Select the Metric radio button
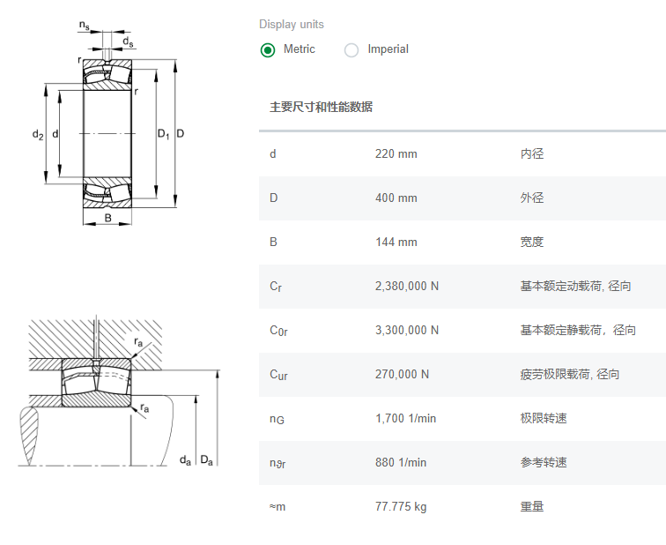pyautogui.click(x=268, y=49)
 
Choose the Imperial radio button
pyautogui.click(x=351, y=49)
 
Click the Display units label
pyautogui.click(x=292, y=25)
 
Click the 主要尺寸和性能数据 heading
pyautogui.click(x=321, y=108)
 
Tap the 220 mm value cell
pyautogui.click(x=396, y=154)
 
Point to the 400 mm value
pyautogui.click(x=396, y=198)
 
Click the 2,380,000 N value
pyautogui.click(x=407, y=287)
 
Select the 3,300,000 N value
pyautogui.click(x=407, y=331)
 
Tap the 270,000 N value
pyautogui.click(x=402, y=375)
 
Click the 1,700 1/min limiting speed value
pyautogui.click(x=405, y=419)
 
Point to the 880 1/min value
pyautogui.click(x=401, y=463)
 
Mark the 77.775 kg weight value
pyautogui.click(x=401, y=507)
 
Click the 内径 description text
pyautogui.click(x=532, y=154)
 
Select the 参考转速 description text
pyautogui.click(x=544, y=463)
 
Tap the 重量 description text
pyautogui.click(x=532, y=507)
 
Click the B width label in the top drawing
pyautogui.click(x=108, y=218)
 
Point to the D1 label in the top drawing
pyautogui.click(x=163, y=134)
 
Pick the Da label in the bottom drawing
pyautogui.click(x=207, y=459)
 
